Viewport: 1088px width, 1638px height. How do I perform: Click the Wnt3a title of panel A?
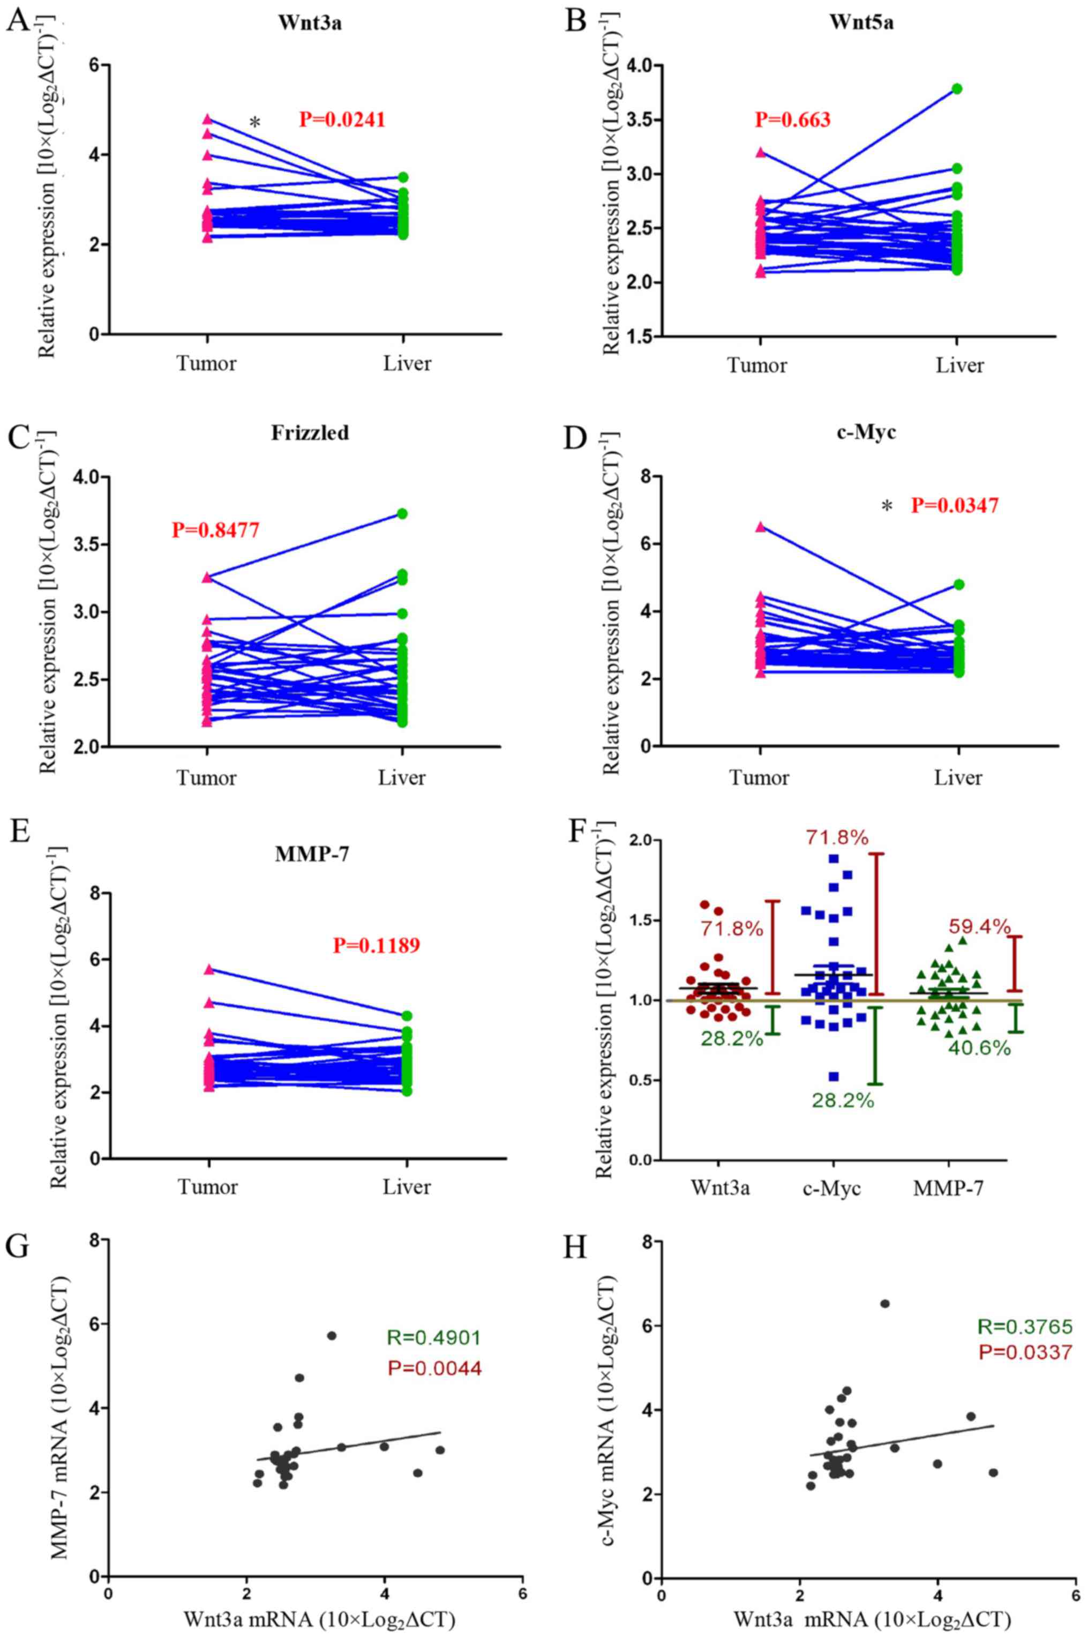pos(301,21)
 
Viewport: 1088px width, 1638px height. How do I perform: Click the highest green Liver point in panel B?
pos(957,89)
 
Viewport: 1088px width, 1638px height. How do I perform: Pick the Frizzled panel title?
pos(310,433)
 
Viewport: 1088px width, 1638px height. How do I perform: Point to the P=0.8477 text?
pos(216,531)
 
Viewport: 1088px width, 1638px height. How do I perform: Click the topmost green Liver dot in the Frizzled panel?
pos(402,514)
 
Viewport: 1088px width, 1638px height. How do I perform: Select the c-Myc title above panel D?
pos(867,433)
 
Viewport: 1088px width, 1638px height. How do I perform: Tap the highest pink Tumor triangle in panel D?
pos(761,527)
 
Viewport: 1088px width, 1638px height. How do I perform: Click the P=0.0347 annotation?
pos(955,505)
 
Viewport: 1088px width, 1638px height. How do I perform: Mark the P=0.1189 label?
pos(376,945)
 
